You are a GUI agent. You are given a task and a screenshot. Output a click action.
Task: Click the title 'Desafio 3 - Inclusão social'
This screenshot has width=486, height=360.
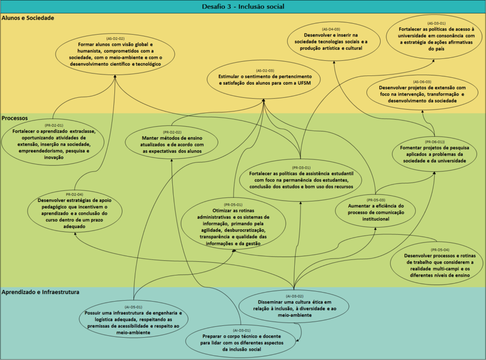pyautogui.click(x=243, y=6)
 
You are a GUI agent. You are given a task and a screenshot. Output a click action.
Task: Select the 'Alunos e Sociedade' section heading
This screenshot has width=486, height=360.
pyautogui.click(x=28, y=18)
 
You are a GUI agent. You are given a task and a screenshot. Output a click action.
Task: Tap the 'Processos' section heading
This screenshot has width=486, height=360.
pyautogui.click(x=15, y=117)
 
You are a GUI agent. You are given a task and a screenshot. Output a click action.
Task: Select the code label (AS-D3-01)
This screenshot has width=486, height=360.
pyautogui.click(x=436, y=23)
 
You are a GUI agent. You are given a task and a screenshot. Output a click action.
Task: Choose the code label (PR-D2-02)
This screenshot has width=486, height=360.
pyautogui.click(x=172, y=132)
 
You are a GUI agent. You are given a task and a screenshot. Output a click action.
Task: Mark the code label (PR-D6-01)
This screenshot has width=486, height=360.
pyautogui.click(x=435, y=142)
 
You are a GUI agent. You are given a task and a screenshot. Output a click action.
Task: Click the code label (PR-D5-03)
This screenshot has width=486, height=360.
pyautogui.click(x=375, y=200)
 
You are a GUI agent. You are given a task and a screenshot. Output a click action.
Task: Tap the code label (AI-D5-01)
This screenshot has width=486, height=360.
pyautogui.click(x=133, y=307)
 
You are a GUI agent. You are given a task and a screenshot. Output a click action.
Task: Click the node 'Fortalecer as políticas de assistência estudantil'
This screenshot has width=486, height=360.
pyautogui.click(x=301, y=178)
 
